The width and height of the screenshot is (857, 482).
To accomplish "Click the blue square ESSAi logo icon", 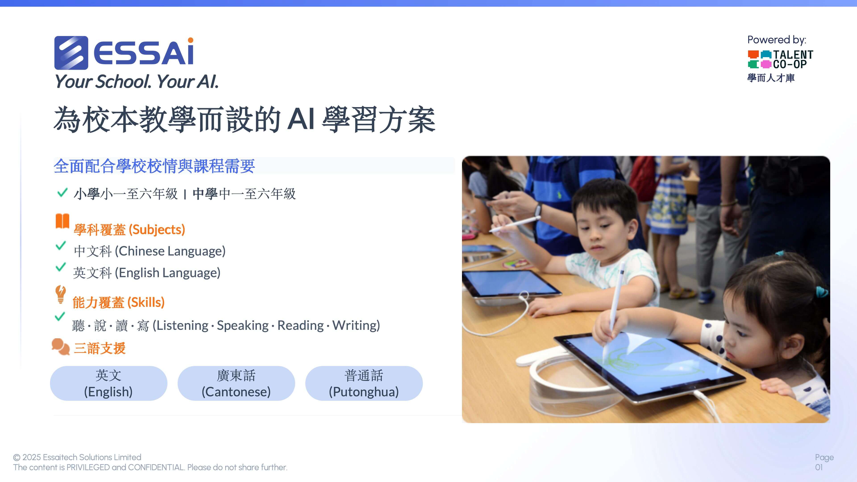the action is [x=71, y=53].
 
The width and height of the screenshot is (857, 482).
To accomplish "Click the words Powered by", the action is [x=776, y=40].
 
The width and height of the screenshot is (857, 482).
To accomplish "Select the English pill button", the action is [x=108, y=383].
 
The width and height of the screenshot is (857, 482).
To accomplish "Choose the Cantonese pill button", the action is [x=236, y=383].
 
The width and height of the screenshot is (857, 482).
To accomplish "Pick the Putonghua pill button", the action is [x=364, y=383].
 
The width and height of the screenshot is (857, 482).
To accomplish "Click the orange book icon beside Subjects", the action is [x=62, y=221].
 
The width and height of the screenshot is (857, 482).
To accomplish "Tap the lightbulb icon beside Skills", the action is [x=60, y=294].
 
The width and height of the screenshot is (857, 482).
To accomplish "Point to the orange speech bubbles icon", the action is [x=60, y=347].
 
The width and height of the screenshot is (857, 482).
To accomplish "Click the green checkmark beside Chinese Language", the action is [x=60, y=246].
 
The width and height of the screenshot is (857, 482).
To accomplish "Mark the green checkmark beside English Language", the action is [x=60, y=267].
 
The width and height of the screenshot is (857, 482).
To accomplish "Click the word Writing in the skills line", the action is [x=356, y=325].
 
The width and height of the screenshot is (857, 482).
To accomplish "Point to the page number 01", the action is [x=819, y=467].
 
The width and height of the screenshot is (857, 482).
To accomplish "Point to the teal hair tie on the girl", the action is [x=822, y=291].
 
